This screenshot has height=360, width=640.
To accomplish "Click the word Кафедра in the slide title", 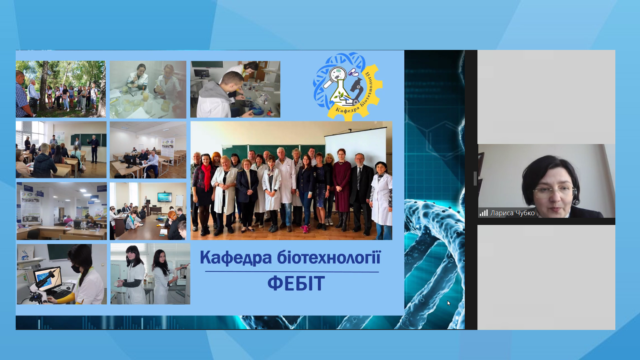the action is point(236,258).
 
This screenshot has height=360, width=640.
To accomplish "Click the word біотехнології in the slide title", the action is point(329,257).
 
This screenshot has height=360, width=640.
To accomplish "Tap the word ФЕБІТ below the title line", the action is point(296,284).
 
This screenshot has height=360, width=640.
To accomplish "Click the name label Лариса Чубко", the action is point(512,213).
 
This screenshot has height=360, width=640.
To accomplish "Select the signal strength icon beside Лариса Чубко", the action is point(484,213).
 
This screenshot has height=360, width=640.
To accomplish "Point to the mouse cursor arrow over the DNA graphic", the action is point(449,303).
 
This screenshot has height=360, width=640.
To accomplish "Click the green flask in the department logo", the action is point(340,93).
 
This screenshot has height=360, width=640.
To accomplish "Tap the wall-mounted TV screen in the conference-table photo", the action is point(164,197).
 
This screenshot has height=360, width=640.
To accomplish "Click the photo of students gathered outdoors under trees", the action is point(61,89).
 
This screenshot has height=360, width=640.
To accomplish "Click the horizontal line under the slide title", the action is point(292,272).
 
